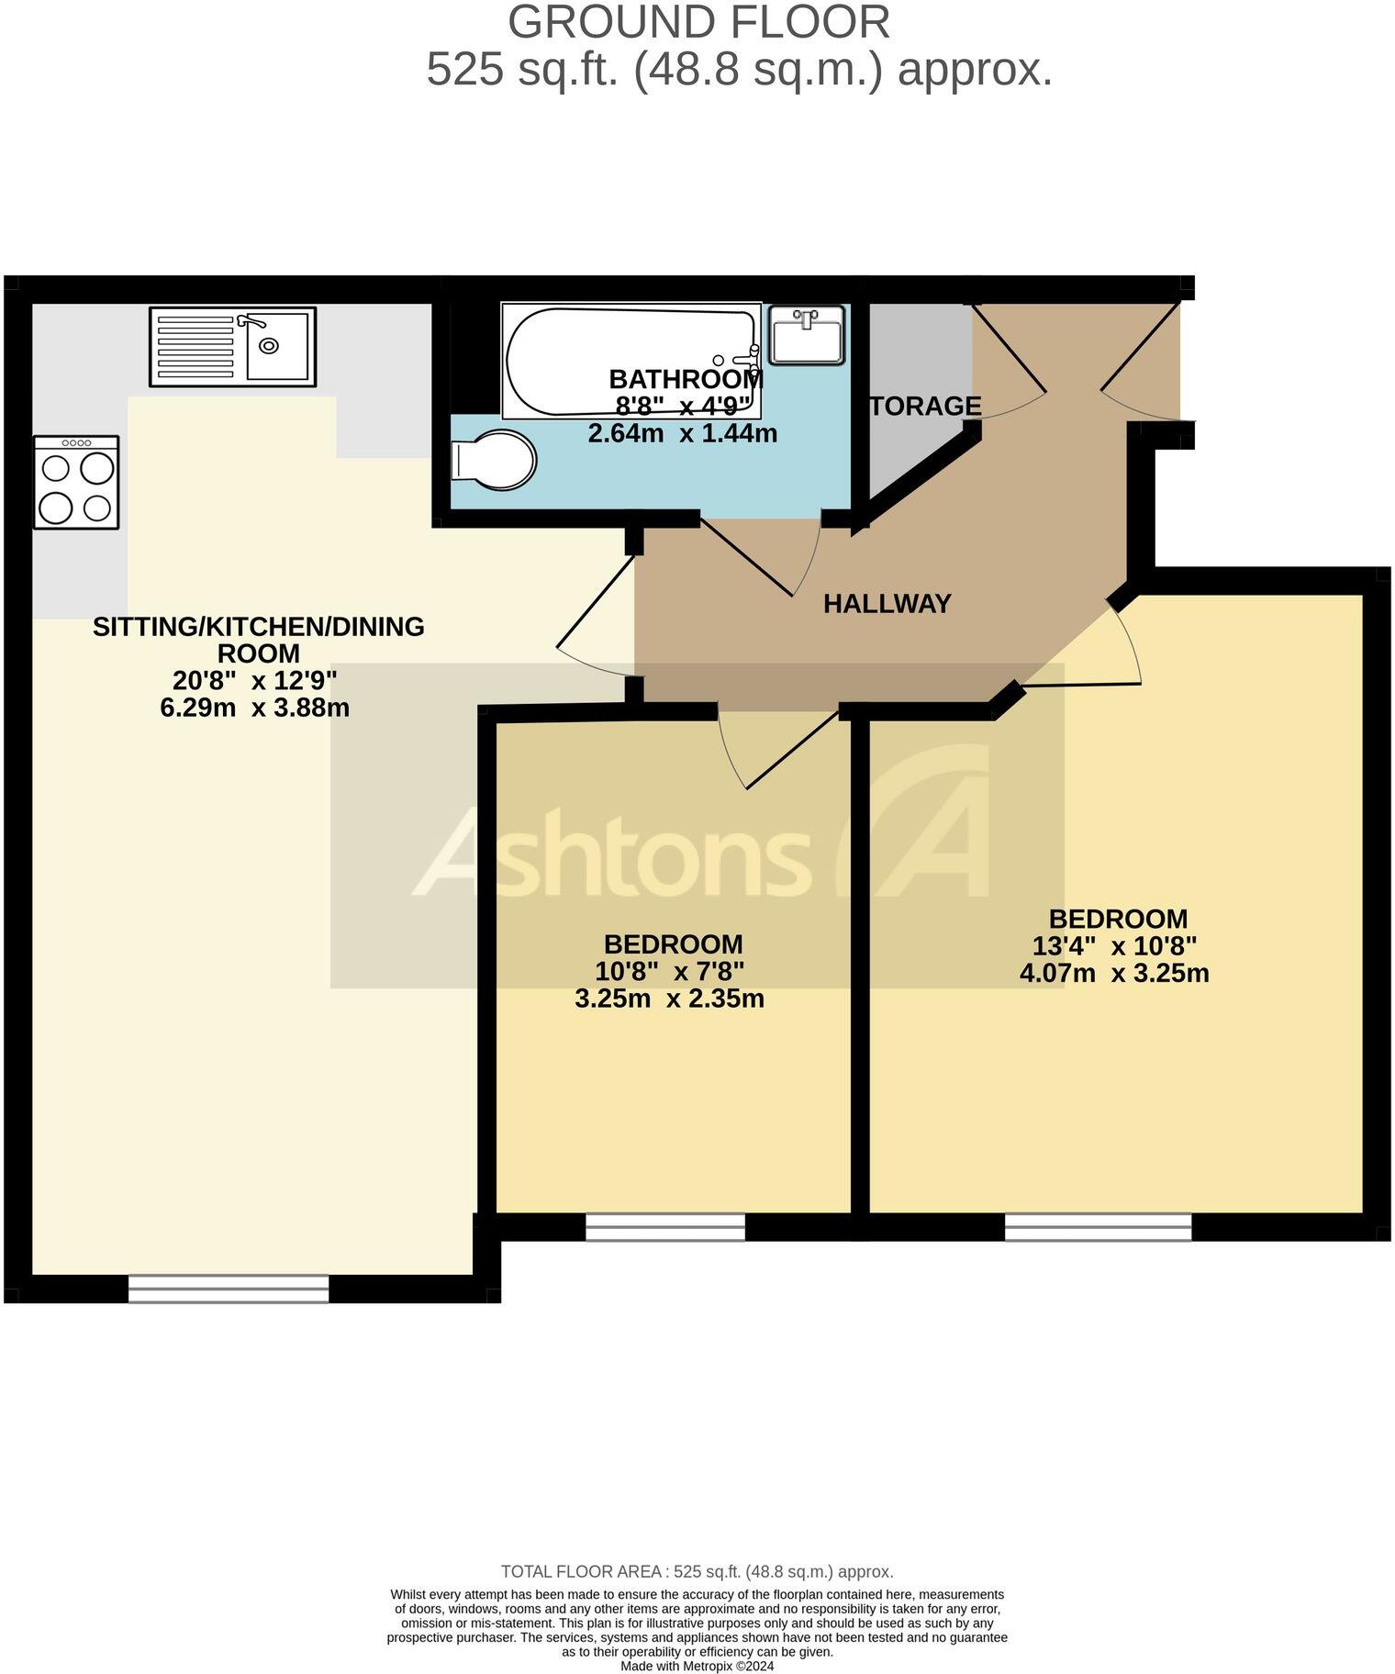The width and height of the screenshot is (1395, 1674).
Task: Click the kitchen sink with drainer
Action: tap(232, 346)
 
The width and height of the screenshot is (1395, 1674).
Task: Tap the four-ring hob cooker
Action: tap(76, 482)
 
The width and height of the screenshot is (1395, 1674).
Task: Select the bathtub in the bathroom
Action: tap(631, 361)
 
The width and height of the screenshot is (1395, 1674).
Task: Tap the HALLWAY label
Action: tap(887, 604)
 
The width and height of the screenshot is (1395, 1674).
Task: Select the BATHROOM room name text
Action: tap(686, 379)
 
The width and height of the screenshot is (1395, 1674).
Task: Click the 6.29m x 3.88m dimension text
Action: tap(254, 708)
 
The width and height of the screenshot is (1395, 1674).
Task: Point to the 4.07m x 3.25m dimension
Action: tap(1114, 973)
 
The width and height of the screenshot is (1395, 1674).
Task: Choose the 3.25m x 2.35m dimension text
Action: tap(669, 999)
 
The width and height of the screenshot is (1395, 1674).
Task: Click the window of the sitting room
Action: tap(228, 1289)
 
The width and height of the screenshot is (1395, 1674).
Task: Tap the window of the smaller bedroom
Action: tap(665, 1227)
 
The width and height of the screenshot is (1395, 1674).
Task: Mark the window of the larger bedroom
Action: tap(1098, 1227)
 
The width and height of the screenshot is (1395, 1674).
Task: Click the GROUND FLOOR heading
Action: tap(698, 22)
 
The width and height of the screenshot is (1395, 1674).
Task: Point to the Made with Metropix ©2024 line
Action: tap(697, 1666)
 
